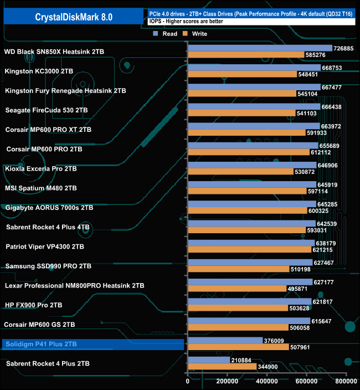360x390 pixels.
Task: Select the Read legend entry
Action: tap(166, 34)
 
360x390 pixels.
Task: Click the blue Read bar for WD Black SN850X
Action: tap(260, 48)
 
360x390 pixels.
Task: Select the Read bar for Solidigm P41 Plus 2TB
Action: tap(225, 340)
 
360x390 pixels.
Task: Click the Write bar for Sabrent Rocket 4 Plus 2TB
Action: tap(222, 366)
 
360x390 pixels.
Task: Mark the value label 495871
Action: tap(298, 289)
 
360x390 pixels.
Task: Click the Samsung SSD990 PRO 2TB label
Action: tap(48, 266)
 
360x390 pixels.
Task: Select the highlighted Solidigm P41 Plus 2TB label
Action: tap(41, 344)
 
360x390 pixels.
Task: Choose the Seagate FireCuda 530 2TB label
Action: tap(48, 110)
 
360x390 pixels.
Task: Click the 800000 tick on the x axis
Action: tap(346, 381)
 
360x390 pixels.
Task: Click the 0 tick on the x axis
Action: tap(188, 381)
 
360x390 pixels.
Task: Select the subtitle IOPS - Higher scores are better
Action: tap(186, 21)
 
